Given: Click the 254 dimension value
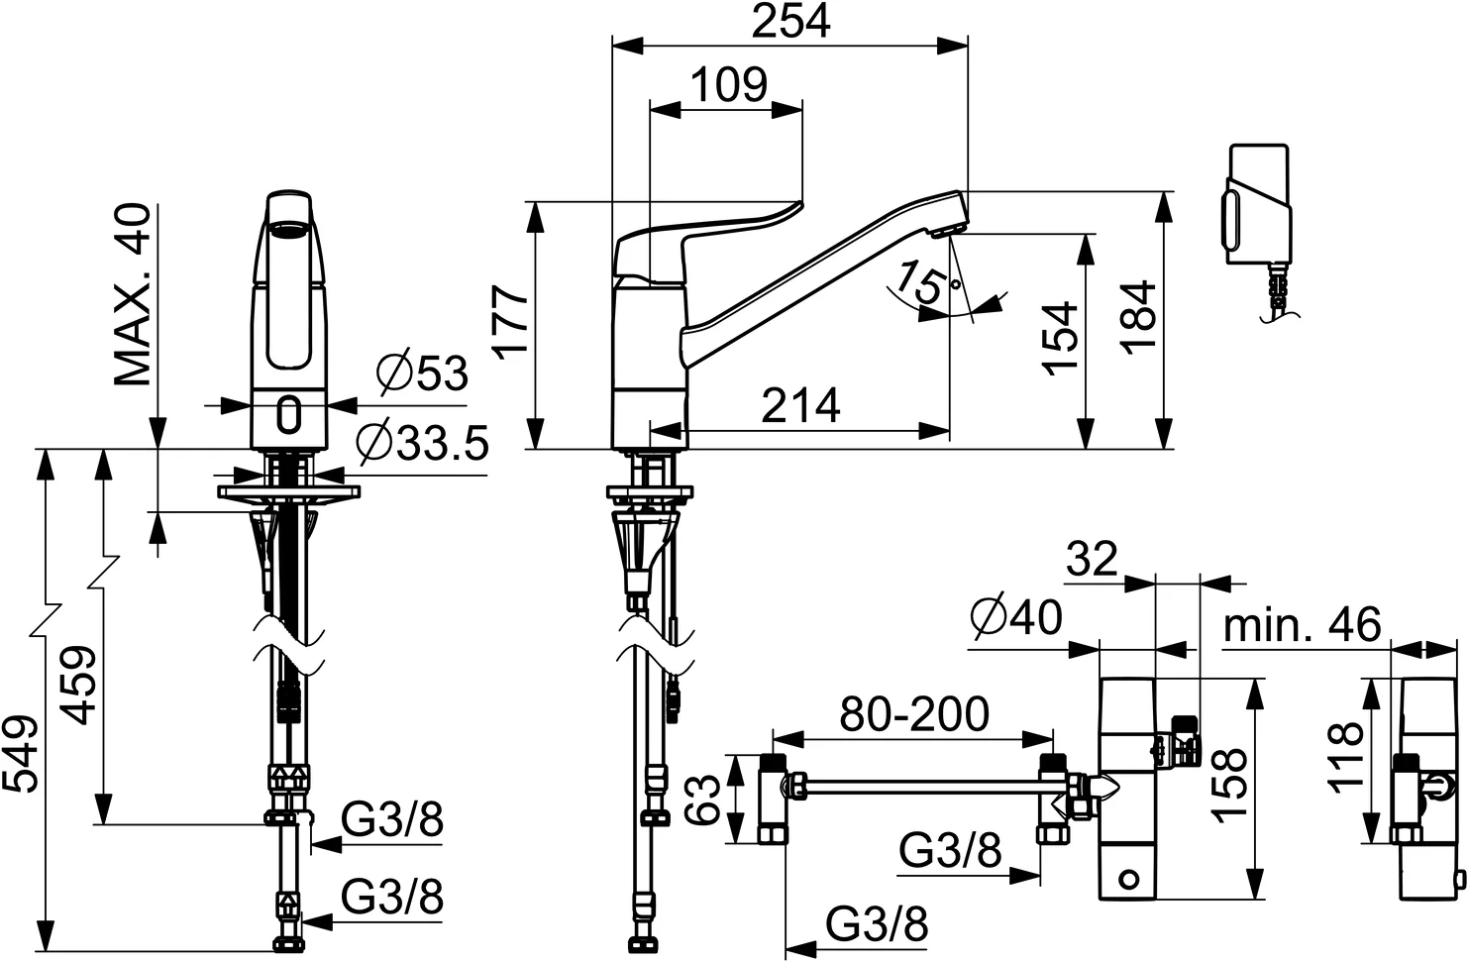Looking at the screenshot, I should [789, 21].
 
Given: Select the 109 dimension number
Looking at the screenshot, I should [728, 85].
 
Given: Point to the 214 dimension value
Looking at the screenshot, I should [801, 405].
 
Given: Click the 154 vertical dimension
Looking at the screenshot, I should [1061, 337].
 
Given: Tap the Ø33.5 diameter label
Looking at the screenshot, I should [423, 443].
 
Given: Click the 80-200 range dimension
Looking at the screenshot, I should [913, 714].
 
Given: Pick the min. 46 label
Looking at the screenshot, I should [1302, 625].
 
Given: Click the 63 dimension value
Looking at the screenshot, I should [702, 799].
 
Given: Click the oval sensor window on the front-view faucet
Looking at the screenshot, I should [289, 415].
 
